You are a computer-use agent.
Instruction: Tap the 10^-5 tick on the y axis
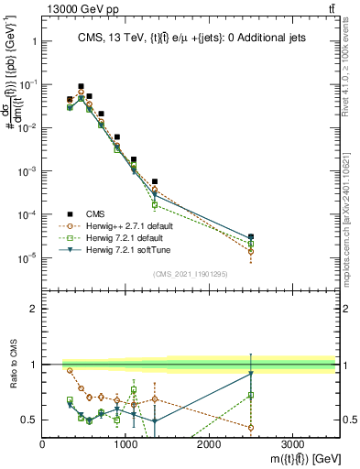[27, 257]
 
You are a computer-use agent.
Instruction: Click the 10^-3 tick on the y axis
[27, 171]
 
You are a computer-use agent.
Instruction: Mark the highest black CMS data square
[81, 86]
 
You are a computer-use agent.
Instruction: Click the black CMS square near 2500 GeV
[251, 237]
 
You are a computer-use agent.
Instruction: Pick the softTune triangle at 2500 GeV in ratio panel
[251, 374]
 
